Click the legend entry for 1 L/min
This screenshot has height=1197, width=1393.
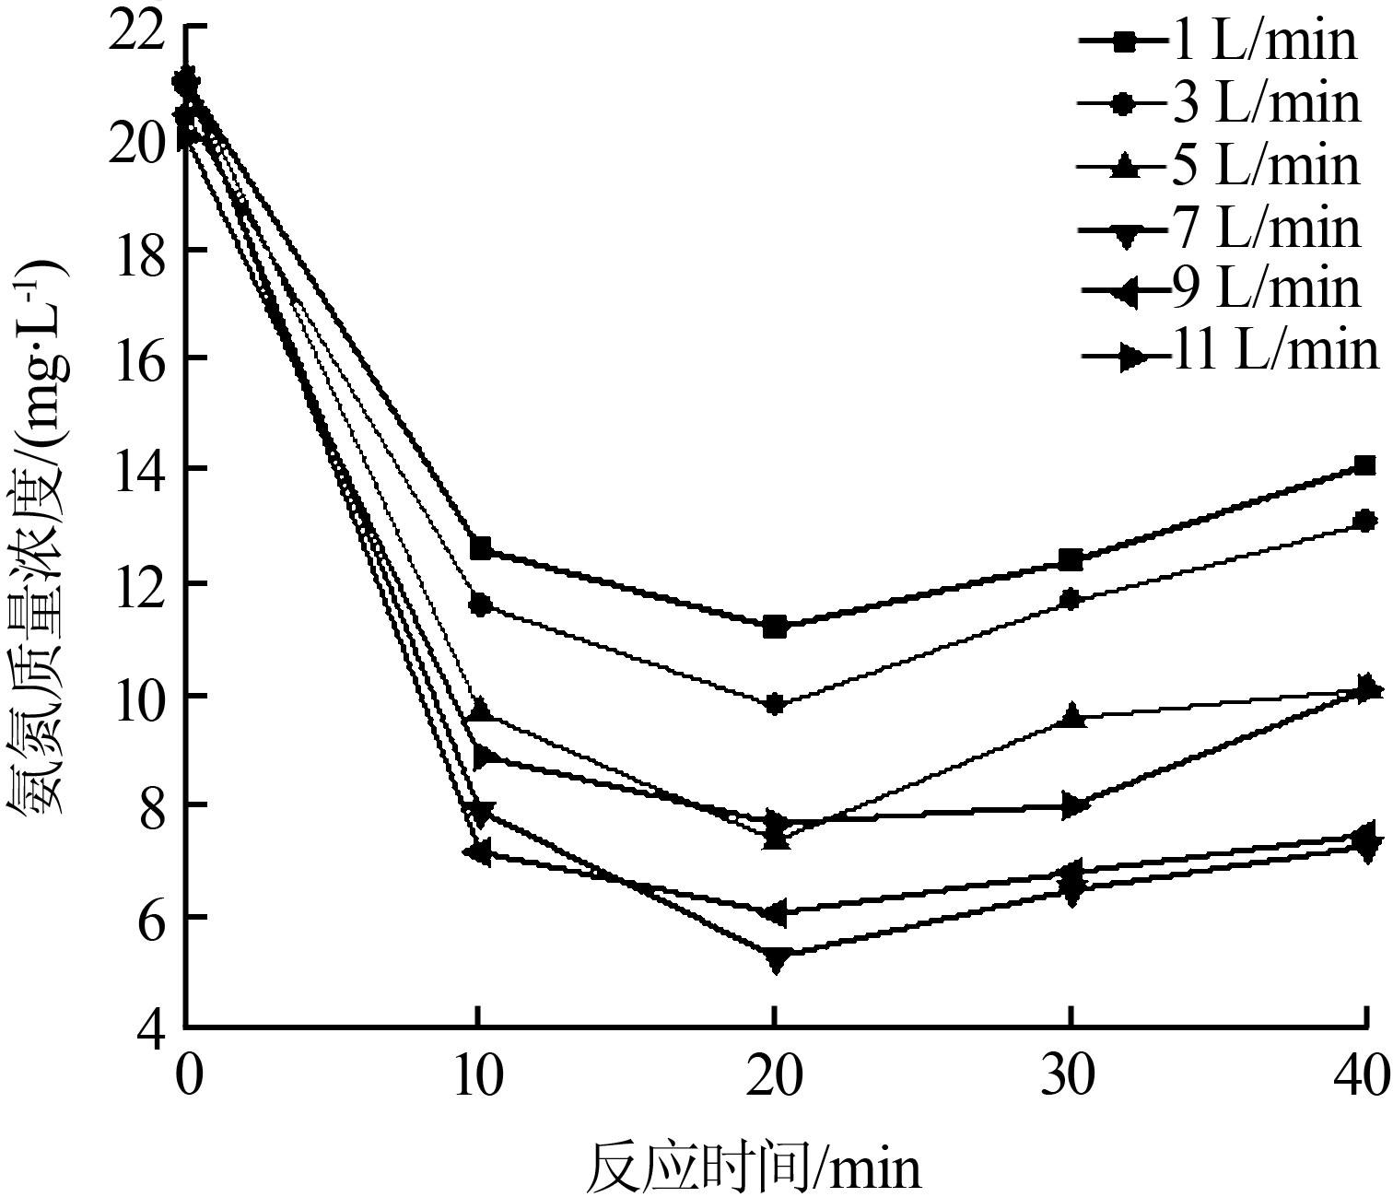point(1216,41)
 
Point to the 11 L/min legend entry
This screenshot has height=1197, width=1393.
point(1230,352)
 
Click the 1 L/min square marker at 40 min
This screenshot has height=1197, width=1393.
point(1364,465)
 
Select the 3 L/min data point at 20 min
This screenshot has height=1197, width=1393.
point(775,705)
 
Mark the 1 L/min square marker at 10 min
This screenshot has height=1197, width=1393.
point(480,548)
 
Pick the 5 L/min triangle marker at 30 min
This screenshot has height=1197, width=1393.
point(1071,717)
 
